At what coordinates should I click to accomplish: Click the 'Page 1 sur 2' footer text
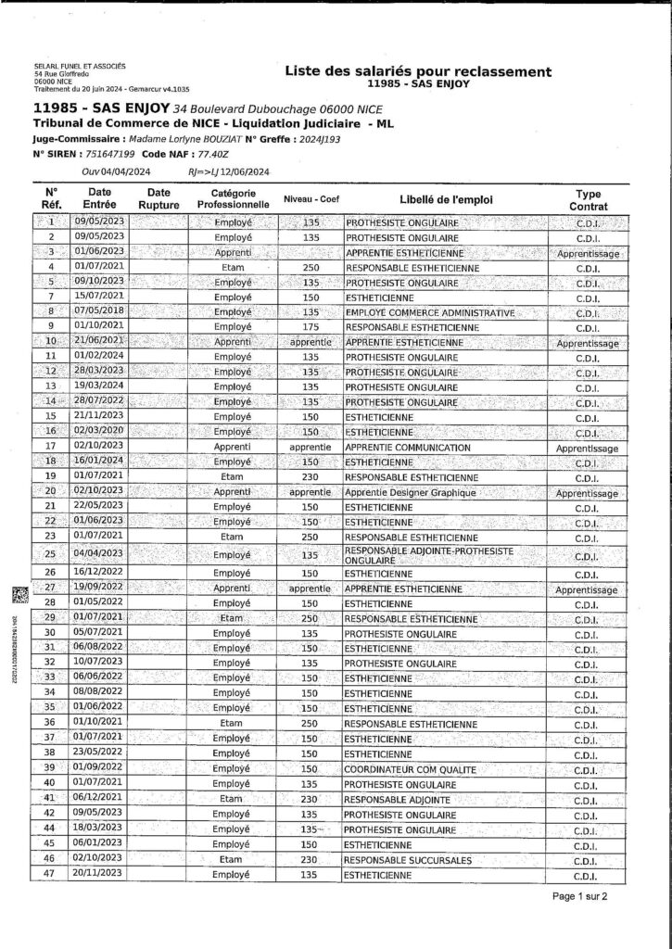[580, 896]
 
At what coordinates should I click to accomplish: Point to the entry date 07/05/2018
[98, 312]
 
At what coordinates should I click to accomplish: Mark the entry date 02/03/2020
[98, 432]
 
